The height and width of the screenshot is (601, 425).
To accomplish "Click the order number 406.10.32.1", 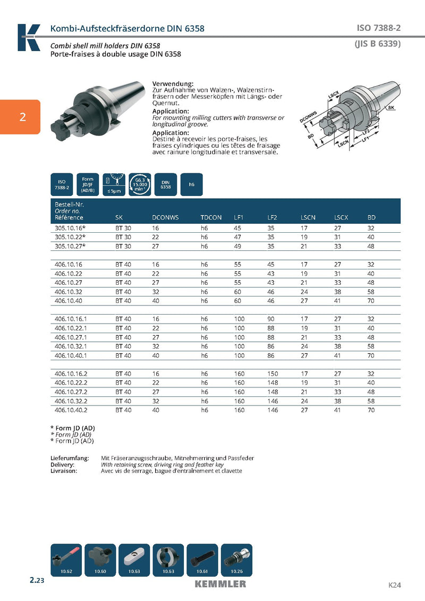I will (71, 346).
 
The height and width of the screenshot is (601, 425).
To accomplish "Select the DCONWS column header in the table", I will (165, 217).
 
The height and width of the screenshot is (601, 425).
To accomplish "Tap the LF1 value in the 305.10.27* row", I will (238, 246).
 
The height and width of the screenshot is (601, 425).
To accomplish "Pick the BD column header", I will (371, 217).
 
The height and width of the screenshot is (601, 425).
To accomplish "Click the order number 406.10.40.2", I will (71, 410).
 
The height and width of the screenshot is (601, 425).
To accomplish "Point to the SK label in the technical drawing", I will (391, 108).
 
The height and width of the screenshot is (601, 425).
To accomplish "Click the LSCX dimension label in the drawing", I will (334, 95).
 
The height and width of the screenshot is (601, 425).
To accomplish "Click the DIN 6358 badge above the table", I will (165, 185).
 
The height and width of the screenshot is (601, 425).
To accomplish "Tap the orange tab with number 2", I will (20, 117).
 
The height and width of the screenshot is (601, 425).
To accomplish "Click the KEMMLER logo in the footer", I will (220, 584).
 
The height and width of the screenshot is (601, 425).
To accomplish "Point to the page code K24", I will (394, 585).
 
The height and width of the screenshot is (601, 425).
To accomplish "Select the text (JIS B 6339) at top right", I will (377, 44).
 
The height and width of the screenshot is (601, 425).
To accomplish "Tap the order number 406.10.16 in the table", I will (69, 264).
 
